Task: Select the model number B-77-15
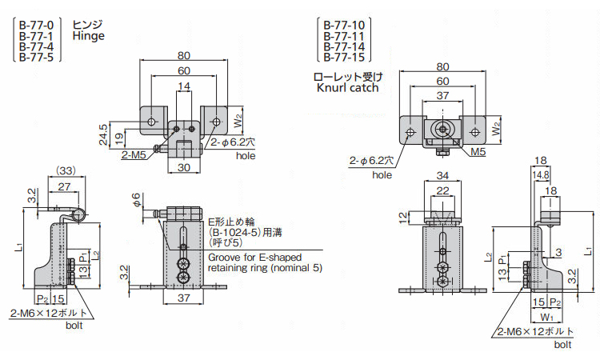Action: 343,58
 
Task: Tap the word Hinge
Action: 88,36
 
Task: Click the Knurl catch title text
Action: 347,88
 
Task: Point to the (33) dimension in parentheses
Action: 66,170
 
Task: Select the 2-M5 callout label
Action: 133,155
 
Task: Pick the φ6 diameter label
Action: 136,198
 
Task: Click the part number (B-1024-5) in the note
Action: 238,231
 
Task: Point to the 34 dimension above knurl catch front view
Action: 442,176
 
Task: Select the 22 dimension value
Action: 442,190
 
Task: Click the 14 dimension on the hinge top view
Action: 184,86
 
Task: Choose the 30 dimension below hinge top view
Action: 184,167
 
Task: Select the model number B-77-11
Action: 343,36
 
